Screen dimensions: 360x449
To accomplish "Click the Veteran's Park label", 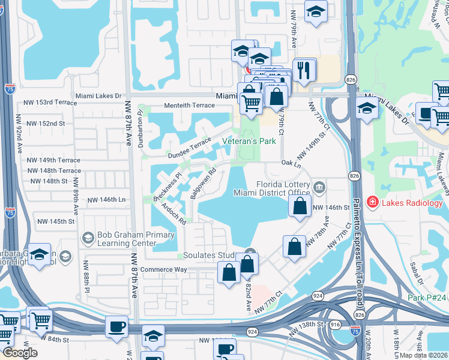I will click(x=249, y=141).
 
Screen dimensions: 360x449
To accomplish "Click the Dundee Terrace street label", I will click(x=190, y=146).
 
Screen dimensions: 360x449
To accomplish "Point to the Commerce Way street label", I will click(x=163, y=269).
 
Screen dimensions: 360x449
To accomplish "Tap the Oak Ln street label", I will click(x=290, y=163).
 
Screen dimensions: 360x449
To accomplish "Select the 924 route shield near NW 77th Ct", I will click(x=318, y=296).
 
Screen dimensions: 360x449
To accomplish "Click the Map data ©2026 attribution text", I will click(x=424, y=355).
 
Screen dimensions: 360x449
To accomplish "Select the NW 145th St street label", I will click(x=54, y=221).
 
